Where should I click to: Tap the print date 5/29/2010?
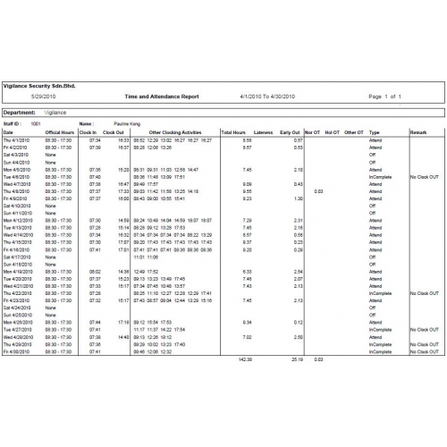[x=43, y=95]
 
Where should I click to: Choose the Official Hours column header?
[x=59, y=132]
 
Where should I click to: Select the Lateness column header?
[x=264, y=132]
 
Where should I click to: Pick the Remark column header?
[x=417, y=132]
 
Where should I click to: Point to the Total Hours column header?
[x=234, y=132]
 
